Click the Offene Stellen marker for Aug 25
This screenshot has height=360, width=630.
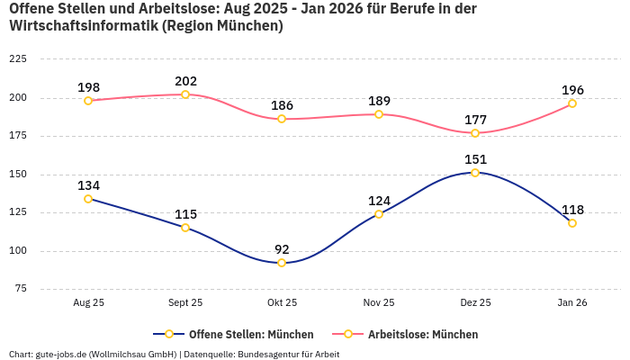(88, 199)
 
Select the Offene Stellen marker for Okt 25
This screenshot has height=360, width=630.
(282, 263)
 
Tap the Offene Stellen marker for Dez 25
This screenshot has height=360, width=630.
(475, 173)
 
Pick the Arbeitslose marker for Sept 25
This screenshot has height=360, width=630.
(185, 94)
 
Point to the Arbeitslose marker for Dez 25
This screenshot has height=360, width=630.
(475, 133)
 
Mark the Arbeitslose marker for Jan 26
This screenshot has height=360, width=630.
(572, 103)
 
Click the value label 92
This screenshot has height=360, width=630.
(282, 249)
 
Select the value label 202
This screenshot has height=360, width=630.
(185, 81)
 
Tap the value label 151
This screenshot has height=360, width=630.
(475, 159)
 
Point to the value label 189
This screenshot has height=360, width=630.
(379, 101)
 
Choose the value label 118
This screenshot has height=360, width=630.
(572, 210)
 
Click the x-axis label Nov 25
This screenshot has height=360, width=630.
(379, 302)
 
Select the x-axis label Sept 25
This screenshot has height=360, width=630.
(185, 302)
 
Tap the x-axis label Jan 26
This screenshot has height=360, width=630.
(572, 302)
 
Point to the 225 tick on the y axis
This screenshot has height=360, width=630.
(17, 58)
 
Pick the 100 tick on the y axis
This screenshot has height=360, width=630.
(17, 251)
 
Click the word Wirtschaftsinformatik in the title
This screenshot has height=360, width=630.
(83, 26)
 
